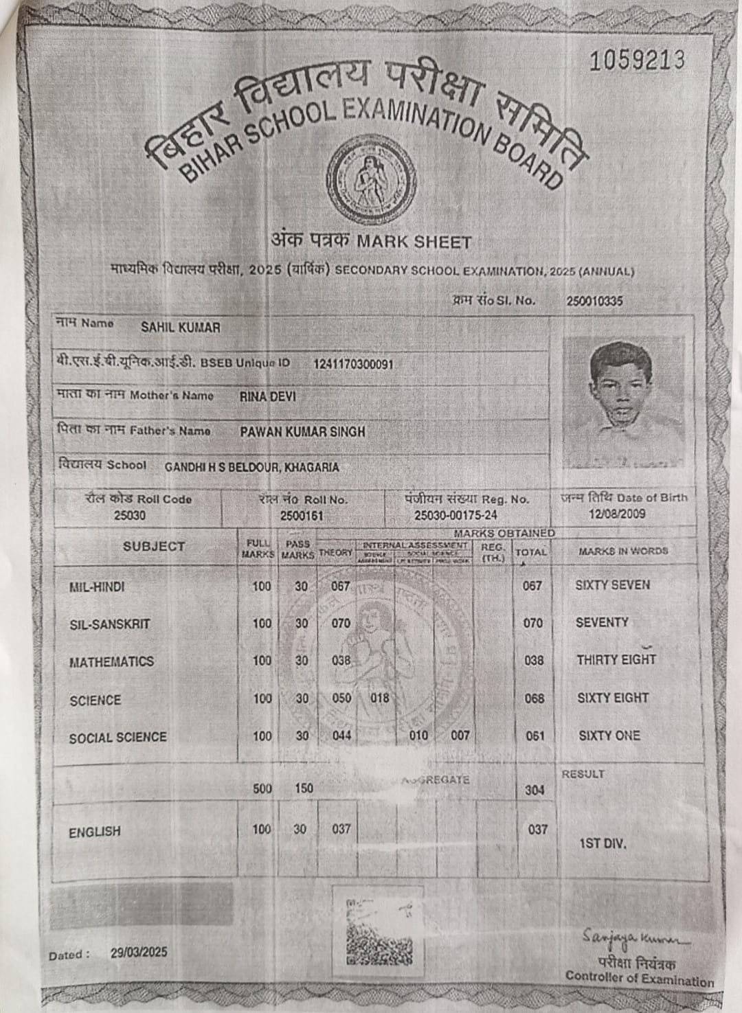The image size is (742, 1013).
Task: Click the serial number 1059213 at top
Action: point(637,60)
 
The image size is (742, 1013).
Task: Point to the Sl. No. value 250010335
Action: point(594,301)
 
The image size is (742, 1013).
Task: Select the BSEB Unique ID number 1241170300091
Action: point(353,363)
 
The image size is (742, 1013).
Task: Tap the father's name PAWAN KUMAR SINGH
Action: point(302,432)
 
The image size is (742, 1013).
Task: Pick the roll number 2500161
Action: point(302,515)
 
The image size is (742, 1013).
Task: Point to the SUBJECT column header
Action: point(154,547)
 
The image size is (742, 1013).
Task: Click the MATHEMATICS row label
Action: point(111,662)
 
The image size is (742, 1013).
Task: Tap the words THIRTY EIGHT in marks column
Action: point(616,659)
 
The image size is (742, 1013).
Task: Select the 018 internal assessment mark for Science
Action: point(379,698)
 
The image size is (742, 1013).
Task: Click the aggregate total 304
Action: point(535,790)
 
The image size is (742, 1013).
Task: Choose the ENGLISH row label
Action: point(95,832)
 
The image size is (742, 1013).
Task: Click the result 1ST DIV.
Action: point(603,843)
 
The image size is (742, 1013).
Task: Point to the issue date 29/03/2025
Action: point(139,953)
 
